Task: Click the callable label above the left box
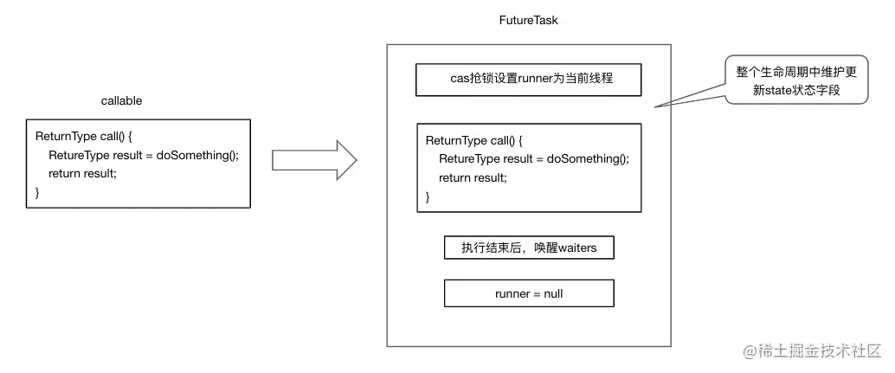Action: [x=121, y=100]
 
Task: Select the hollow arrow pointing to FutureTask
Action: [x=314, y=161]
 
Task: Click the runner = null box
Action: [x=529, y=293]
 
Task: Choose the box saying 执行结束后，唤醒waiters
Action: [x=529, y=248]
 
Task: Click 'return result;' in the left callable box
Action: [x=82, y=173]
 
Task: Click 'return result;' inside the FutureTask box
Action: [x=473, y=177]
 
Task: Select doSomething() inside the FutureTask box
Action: [x=588, y=159]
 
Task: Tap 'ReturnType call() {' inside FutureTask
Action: [x=475, y=141]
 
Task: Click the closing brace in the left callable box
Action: [x=37, y=192]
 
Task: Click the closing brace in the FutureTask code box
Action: [x=428, y=196]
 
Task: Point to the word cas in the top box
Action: [x=460, y=79]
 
